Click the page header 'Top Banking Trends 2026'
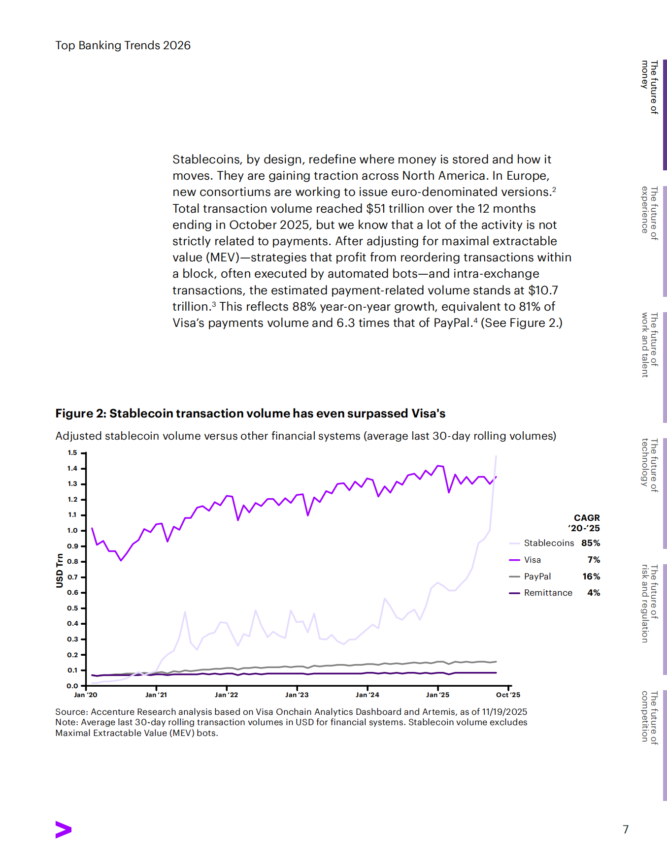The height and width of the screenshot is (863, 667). [123, 45]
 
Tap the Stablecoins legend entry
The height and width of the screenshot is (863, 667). [548, 543]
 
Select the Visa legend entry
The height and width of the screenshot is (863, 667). [532, 560]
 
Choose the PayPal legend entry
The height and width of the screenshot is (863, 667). [537, 576]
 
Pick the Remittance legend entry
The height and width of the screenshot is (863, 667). [548, 593]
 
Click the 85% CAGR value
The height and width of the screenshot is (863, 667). [591, 543]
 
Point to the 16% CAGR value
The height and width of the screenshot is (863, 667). [591, 576]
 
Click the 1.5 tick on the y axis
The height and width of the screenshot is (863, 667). [72, 453]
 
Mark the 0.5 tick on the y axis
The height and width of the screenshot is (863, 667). [72, 608]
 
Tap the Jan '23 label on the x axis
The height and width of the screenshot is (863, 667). [297, 695]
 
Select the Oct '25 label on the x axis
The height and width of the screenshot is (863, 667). [508, 695]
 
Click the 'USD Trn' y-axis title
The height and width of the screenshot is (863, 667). [60, 571]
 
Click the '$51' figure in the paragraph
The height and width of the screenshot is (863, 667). [376, 209]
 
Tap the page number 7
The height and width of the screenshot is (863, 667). [626, 830]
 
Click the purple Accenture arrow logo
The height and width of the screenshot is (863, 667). [64, 830]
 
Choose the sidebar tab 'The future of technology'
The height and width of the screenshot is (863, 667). [649, 465]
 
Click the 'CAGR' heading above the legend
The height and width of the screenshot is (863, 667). [587, 518]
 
